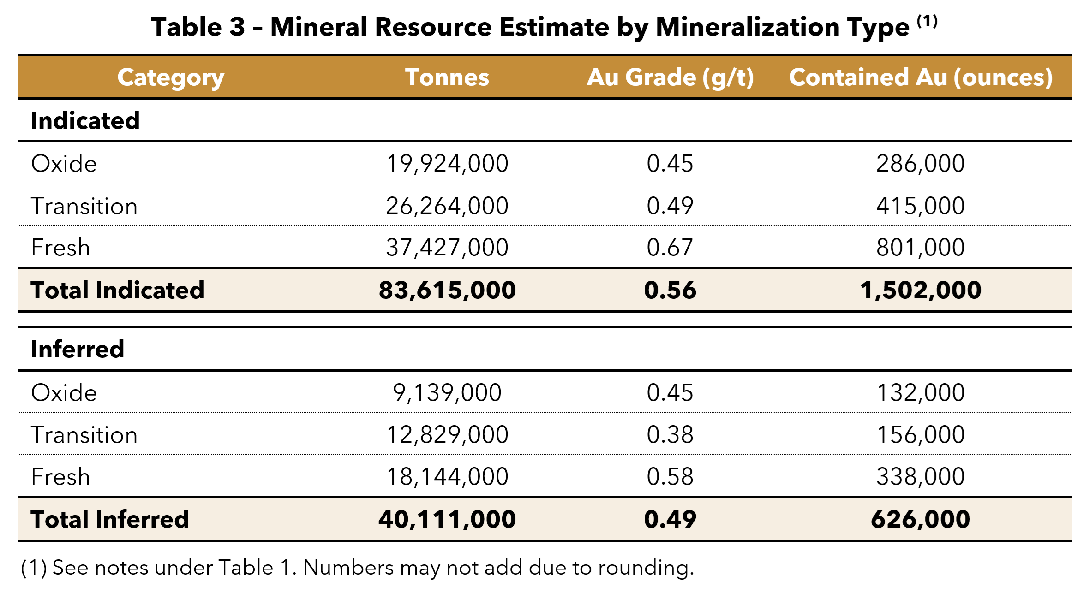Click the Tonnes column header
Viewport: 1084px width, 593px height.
pyautogui.click(x=447, y=77)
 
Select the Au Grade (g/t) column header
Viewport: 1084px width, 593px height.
pyautogui.click(x=670, y=77)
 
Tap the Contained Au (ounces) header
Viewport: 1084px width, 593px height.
pyautogui.click(x=920, y=77)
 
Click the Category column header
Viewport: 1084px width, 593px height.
pyautogui.click(x=171, y=77)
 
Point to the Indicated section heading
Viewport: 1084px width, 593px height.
pyautogui.click(x=85, y=121)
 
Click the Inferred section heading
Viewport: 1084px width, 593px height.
pyautogui.click(x=78, y=349)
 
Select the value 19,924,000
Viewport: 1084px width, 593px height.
pyautogui.click(x=447, y=164)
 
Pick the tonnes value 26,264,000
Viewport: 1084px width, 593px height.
pyautogui.click(x=447, y=206)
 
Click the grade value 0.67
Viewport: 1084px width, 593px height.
pyautogui.click(x=670, y=248)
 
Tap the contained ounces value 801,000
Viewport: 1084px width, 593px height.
pyautogui.click(x=920, y=248)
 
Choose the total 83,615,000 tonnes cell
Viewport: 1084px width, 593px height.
pyautogui.click(x=447, y=290)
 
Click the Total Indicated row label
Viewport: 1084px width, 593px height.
pyautogui.click(x=117, y=290)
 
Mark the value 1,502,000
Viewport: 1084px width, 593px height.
pyautogui.click(x=920, y=290)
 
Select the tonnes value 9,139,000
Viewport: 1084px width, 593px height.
pyautogui.click(x=447, y=393)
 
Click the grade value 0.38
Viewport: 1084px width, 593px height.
pyautogui.click(x=670, y=435)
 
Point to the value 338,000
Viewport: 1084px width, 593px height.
pyautogui.click(x=920, y=477)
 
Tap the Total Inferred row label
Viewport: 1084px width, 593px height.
pyautogui.click(x=110, y=519)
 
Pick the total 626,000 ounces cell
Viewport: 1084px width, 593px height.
pyautogui.click(x=920, y=519)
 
